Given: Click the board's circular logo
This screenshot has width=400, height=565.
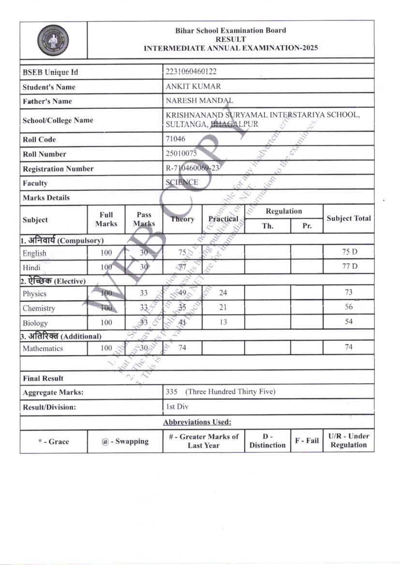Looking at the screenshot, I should [53, 40].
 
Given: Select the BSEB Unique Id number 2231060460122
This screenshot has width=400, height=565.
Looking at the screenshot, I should [191, 72].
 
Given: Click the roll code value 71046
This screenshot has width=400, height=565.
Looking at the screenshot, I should [175, 139].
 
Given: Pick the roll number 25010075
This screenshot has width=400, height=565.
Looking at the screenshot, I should [181, 154].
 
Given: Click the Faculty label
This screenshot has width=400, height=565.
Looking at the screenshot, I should [35, 183].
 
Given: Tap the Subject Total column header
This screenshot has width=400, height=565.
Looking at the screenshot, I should [349, 218].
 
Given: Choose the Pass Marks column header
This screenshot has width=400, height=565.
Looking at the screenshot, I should [144, 219].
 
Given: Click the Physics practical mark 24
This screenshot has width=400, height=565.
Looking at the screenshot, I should [222, 292].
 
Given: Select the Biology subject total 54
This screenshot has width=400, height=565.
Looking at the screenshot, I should [349, 322].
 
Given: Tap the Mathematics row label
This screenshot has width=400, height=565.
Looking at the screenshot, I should [43, 348].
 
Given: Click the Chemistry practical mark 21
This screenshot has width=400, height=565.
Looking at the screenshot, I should [222, 307].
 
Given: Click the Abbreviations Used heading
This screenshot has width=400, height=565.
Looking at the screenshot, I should [197, 422].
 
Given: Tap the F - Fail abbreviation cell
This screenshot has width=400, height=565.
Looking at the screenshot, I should [307, 441].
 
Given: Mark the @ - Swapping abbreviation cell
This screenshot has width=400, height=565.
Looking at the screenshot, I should [125, 441].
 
